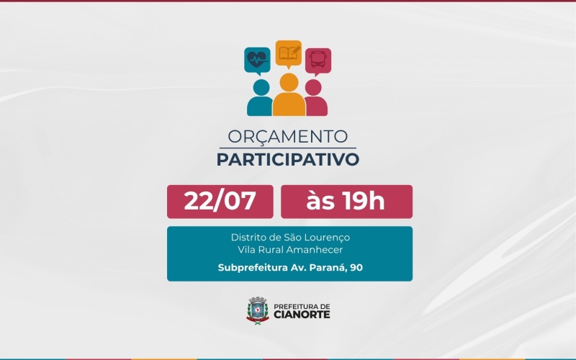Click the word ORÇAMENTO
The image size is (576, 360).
[x=287, y=136]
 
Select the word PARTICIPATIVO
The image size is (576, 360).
[x=287, y=159]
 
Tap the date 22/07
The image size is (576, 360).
[x=220, y=201]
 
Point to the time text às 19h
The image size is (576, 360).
[x=346, y=201]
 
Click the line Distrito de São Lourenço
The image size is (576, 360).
[x=289, y=237]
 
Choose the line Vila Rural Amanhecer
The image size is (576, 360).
[x=289, y=250]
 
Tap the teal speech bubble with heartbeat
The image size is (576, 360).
[x=256, y=59]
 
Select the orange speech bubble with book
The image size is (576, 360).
[x=288, y=53]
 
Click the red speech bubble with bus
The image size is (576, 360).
[x=318, y=60]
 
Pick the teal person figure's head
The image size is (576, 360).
[x=261, y=87]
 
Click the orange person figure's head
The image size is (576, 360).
[x=289, y=81]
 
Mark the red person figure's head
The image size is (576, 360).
[x=313, y=87]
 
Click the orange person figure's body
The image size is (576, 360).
[x=289, y=105]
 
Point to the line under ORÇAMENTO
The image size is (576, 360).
[x=287, y=148]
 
